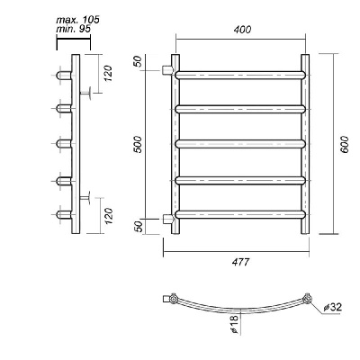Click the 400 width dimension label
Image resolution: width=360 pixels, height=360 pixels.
[x=242, y=30]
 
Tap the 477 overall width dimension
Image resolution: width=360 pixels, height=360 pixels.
[x=240, y=262]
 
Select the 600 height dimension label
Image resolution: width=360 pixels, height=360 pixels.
[x=345, y=144]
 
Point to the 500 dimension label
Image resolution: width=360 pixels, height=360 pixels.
[x=138, y=144]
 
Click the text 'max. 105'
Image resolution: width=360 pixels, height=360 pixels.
[x=77, y=21]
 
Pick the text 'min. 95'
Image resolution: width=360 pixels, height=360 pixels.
[x=74, y=29]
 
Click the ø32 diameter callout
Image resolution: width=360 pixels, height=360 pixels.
[x=332, y=307]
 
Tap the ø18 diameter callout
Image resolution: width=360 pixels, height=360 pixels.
[x=234, y=324]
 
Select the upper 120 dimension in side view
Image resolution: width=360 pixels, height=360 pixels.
[x=108, y=73]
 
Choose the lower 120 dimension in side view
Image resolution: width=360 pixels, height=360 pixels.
[x=108, y=216]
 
